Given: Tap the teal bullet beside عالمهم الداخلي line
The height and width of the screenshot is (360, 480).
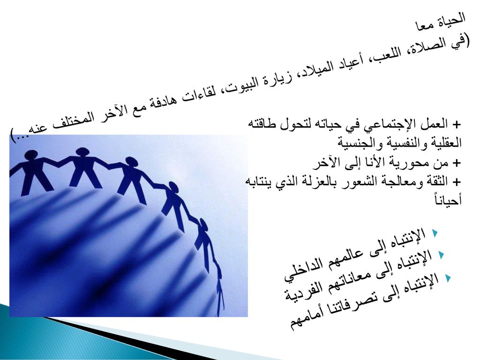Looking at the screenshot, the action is click(x=435, y=233).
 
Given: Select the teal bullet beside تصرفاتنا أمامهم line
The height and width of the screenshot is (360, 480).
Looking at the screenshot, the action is click(x=448, y=277).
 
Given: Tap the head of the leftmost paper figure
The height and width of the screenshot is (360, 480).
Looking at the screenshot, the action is click(x=31, y=155).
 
